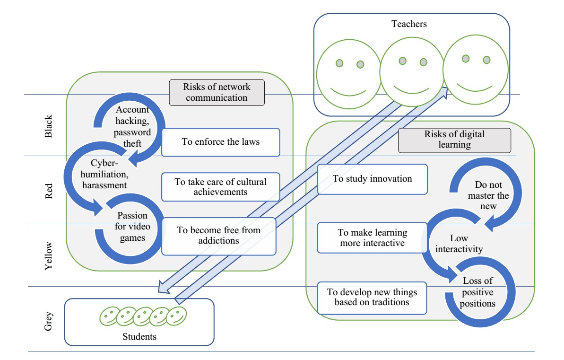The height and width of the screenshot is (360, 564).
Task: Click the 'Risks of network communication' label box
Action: (217, 92)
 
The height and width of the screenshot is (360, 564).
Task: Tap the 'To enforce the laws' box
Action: (220, 141)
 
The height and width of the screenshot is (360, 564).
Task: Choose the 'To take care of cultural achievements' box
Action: (220, 187)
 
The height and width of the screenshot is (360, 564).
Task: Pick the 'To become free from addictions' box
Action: (218, 235)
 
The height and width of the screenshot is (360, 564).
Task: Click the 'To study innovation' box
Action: (372, 179)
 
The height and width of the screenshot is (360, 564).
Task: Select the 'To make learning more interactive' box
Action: (372, 238)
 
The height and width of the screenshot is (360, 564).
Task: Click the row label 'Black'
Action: (49, 126)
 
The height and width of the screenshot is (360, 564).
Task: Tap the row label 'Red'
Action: (49, 190)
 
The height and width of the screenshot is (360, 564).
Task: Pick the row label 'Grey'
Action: (49, 319)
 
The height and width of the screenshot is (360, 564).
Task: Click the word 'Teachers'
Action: (409, 23)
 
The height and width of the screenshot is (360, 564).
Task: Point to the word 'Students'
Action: (139, 336)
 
